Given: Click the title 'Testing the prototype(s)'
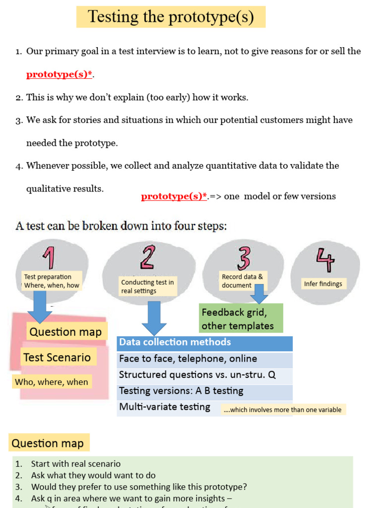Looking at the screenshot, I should pyautogui.click(x=171, y=17).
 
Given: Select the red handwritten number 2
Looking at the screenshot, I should pyautogui.click(x=147, y=257).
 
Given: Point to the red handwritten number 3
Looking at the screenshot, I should pyautogui.click(x=243, y=258).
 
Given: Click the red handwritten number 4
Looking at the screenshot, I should pyautogui.click(x=325, y=259).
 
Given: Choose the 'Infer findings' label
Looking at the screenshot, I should pyautogui.click(x=323, y=284).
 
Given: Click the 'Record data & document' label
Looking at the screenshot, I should pyautogui.click(x=242, y=281).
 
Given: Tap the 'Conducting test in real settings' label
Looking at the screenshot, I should pyautogui.click(x=147, y=287).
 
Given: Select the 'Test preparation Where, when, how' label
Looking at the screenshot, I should pyautogui.click(x=52, y=281).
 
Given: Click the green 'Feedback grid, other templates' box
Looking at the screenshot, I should pyautogui.click(x=241, y=318).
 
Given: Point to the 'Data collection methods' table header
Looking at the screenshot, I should pyautogui.click(x=204, y=343).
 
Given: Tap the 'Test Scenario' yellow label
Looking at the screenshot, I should pyautogui.click(x=57, y=357).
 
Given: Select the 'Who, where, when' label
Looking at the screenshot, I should pyautogui.click(x=52, y=381).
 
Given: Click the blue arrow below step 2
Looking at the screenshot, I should pyautogui.click(x=154, y=317).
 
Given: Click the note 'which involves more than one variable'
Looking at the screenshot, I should pyautogui.click(x=283, y=410).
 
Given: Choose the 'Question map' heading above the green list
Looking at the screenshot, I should pyautogui.click(x=48, y=443).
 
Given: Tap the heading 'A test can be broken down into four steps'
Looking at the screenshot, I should pyautogui.click(x=121, y=226).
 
